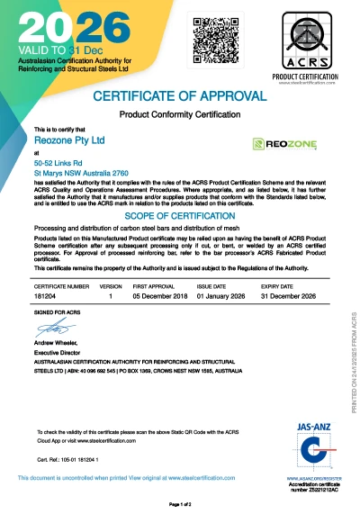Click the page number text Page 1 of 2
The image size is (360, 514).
click(x=181, y=504)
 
